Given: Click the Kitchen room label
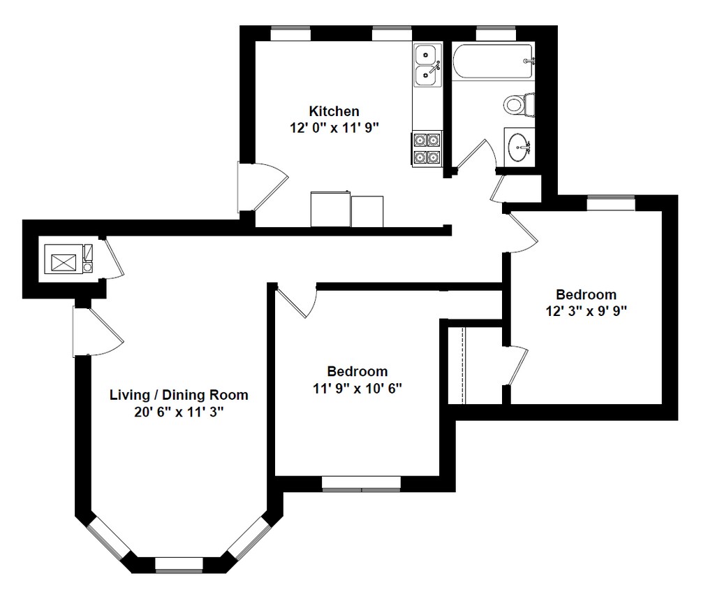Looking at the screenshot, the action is point(334,111).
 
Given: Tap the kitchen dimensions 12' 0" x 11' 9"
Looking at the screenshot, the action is point(334,127).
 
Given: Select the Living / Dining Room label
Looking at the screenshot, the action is point(179,395).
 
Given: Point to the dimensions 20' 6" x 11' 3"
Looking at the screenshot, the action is point(179,412).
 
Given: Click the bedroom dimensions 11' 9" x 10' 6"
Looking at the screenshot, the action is point(357,388).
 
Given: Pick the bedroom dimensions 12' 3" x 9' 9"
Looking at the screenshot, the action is point(586,311).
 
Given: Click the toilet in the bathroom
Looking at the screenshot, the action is point(519,104).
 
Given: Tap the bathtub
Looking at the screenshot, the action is point(493,62).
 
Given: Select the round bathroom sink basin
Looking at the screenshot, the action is point(519,147).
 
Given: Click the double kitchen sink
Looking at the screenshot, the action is point(428,64).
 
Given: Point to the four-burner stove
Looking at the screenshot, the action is point(427,149).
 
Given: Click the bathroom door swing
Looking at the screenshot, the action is point(476,155).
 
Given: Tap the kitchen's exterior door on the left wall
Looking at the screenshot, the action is point(263,187).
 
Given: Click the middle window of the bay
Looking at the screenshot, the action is point(179,564).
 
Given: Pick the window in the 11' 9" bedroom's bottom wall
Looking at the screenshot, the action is point(361,484).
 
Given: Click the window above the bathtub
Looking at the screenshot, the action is point(496,33).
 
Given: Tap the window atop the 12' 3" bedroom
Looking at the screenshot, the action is point(610,203).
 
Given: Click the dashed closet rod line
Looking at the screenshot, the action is point(464,365).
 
